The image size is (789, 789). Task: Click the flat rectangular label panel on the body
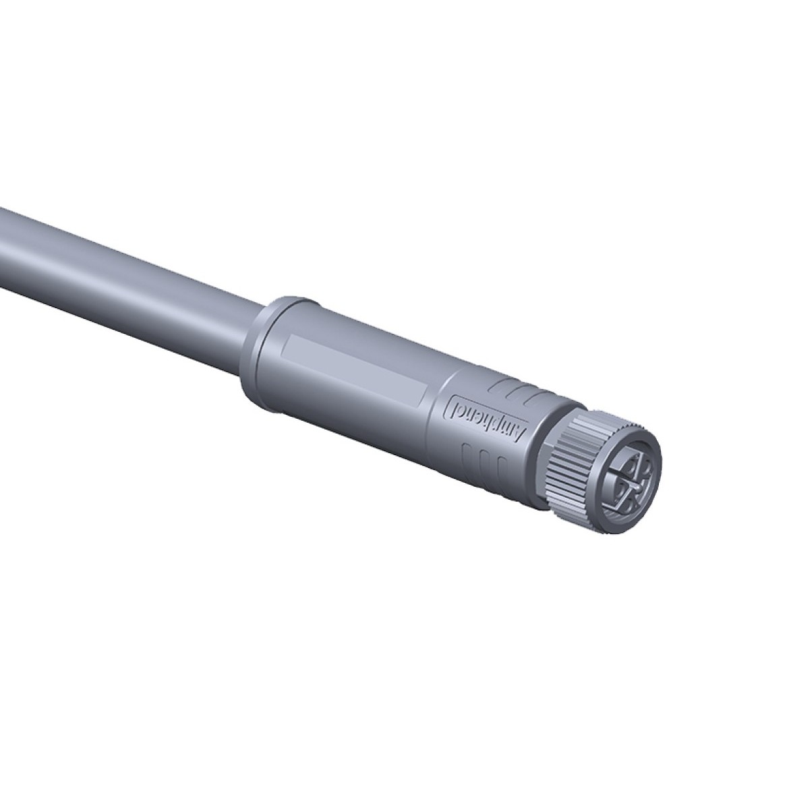355,370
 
